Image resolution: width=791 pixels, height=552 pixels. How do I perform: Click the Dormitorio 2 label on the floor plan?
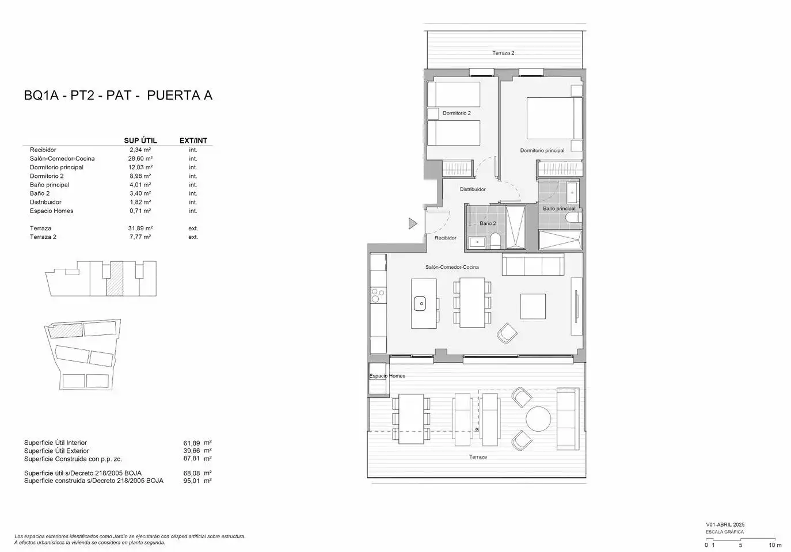tap(457, 113)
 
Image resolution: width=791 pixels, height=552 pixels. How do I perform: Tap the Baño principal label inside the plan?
tap(559, 208)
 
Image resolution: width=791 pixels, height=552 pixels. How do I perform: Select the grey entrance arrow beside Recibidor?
tap(413, 223)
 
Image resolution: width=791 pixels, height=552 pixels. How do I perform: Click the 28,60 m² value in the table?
tap(140, 158)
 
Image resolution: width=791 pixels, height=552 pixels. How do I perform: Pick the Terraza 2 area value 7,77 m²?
tap(140, 237)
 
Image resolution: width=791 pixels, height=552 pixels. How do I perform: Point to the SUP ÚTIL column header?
tap(140, 140)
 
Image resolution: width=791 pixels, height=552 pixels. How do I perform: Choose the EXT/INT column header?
tap(193, 140)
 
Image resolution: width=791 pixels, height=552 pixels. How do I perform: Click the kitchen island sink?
tap(420, 304)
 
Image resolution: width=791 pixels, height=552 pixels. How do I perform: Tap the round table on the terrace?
tap(538, 419)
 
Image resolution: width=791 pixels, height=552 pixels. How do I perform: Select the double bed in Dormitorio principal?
tap(554, 119)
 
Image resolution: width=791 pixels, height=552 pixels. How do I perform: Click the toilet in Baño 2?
tap(496, 240)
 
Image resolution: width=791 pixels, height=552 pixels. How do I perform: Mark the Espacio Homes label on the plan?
tap(387, 376)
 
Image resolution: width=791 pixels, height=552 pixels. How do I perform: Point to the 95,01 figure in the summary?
tap(191, 481)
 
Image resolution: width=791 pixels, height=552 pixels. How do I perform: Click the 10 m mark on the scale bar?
tap(775, 545)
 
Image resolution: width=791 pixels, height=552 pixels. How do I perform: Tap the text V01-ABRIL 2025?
tap(725, 525)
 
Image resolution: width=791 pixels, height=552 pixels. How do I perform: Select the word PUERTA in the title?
tap(169, 96)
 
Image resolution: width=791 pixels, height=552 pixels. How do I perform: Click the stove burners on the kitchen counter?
tap(378, 295)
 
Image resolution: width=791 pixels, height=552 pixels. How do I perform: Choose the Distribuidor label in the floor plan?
tap(473, 189)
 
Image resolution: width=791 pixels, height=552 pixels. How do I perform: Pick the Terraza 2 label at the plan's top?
tap(503, 52)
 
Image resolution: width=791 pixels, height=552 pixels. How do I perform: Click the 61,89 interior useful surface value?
tap(191, 443)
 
